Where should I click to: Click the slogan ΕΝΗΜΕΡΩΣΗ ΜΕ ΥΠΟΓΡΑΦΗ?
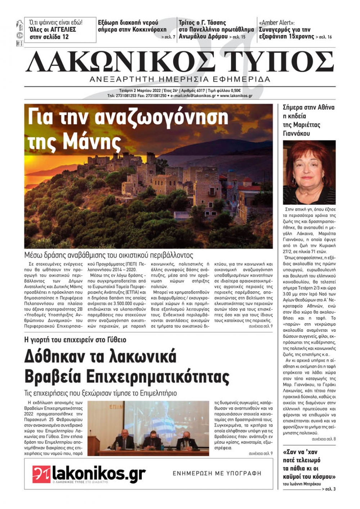point(217,473)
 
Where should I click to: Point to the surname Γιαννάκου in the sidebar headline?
point(297,133)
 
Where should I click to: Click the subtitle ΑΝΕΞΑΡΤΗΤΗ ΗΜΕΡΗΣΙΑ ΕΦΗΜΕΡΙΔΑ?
point(180,79)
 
